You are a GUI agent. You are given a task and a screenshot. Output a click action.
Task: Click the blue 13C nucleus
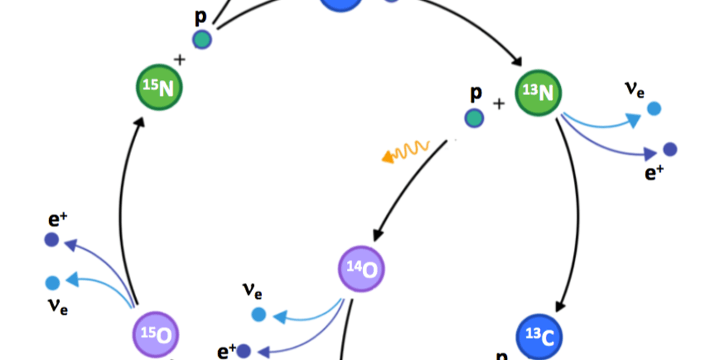tap(540, 336)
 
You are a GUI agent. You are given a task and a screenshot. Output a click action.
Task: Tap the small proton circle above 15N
tap(202, 40)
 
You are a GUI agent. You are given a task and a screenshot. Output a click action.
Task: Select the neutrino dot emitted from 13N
tap(654, 109)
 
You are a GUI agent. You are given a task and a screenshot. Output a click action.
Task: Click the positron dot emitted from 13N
tap(670, 149)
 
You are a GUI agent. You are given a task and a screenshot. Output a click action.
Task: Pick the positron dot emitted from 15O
tap(52, 240)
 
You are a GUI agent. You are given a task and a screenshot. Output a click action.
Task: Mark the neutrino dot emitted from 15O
tap(52, 282)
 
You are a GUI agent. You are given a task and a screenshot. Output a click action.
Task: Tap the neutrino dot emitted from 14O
tap(258, 314)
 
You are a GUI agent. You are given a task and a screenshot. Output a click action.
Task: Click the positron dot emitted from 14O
tap(245, 351)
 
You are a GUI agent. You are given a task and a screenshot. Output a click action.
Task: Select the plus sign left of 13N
tap(498, 103)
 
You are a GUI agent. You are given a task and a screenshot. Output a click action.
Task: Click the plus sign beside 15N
tap(179, 60)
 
